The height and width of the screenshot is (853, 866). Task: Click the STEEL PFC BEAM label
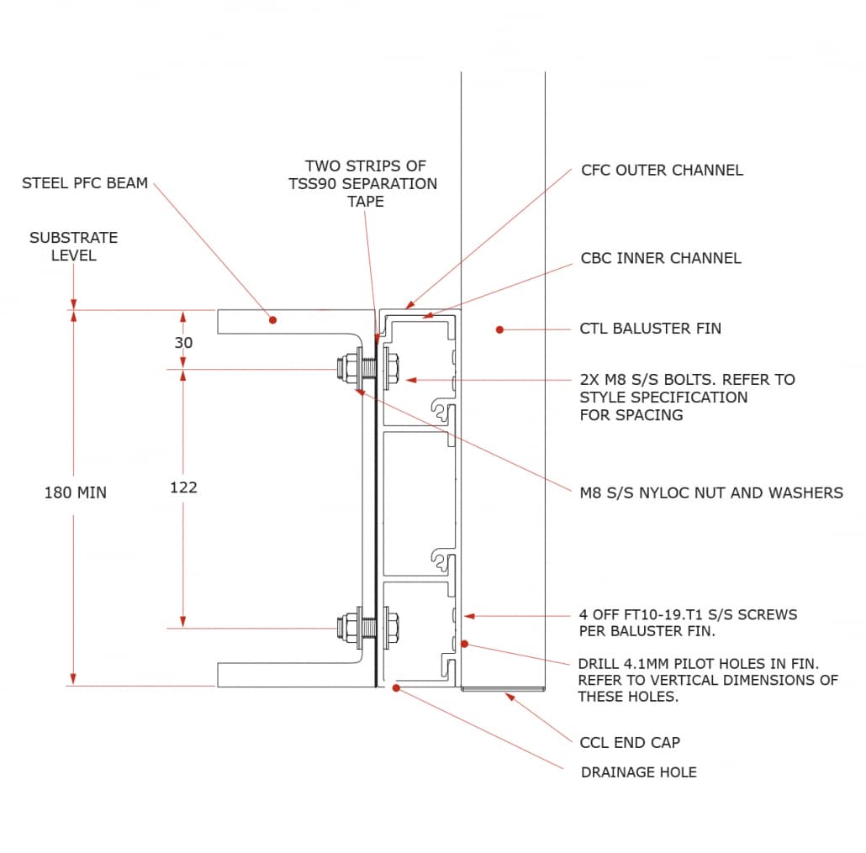[x=84, y=183]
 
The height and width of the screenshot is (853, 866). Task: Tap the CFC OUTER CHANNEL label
[x=662, y=171]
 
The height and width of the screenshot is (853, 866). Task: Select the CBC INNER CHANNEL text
[x=661, y=258]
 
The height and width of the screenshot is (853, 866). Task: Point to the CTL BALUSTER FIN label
[x=650, y=329]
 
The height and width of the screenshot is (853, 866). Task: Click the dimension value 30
[x=183, y=343]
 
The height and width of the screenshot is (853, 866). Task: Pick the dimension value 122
[x=183, y=487]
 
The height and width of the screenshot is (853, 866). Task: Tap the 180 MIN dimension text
[x=75, y=492]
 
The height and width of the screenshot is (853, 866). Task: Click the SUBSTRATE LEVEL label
[x=73, y=246]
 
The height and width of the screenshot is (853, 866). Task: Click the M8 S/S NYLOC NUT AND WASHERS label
[x=711, y=492]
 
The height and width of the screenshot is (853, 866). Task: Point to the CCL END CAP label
[x=630, y=743]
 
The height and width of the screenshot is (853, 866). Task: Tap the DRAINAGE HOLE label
[x=638, y=772]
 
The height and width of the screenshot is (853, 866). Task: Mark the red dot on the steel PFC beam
[x=272, y=319]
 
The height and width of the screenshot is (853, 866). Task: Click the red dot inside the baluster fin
[x=499, y=330]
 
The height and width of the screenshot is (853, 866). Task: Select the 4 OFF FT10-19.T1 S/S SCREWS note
[x=688, y=623]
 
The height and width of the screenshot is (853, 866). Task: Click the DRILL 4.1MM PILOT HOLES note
[x=707, y=680]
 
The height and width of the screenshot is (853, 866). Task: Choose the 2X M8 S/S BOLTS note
[x=687, y=397]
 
